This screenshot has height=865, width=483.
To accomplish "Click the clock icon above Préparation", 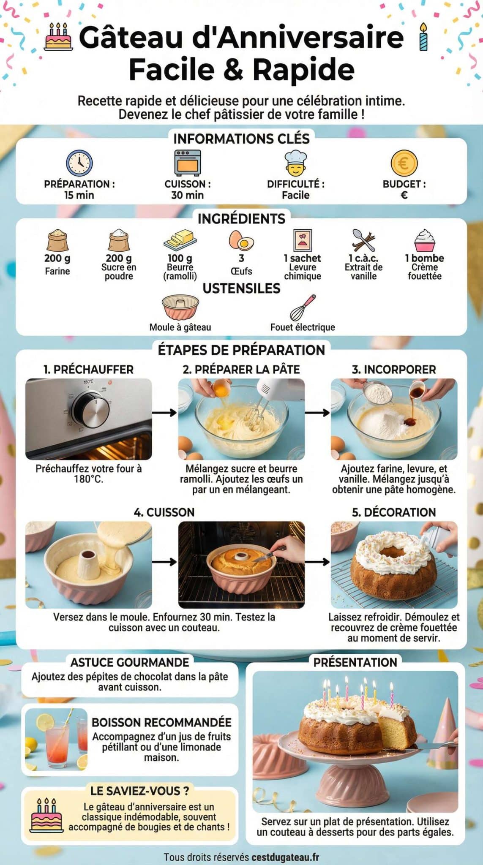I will tap(79, 163).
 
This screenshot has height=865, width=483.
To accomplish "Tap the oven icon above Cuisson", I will tap(188, 163).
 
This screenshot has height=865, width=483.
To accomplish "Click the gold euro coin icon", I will tap(404, 163).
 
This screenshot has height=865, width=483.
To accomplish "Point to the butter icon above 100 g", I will tap(180, 240).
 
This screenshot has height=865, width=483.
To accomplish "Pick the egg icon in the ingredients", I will tap(241, 240).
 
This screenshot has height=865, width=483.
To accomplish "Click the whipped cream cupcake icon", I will tap(424, 240).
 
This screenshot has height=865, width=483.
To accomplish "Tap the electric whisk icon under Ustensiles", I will tap(303, 307).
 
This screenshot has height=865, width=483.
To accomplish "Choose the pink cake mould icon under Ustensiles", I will tap(180, 307).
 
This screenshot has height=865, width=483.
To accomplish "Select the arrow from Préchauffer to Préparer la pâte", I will tap(164, 413).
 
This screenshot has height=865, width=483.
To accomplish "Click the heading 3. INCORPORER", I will tap(394, 370).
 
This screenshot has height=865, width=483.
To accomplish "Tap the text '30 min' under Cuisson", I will tap(187, 195).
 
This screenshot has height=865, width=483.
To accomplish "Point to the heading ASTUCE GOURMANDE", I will tap(130, 662).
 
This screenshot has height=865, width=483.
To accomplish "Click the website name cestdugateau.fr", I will tap(285, 857).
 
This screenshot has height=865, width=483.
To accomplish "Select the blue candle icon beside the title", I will tap(423, 37).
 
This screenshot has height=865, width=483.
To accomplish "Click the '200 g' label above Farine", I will tap(57, 258).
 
